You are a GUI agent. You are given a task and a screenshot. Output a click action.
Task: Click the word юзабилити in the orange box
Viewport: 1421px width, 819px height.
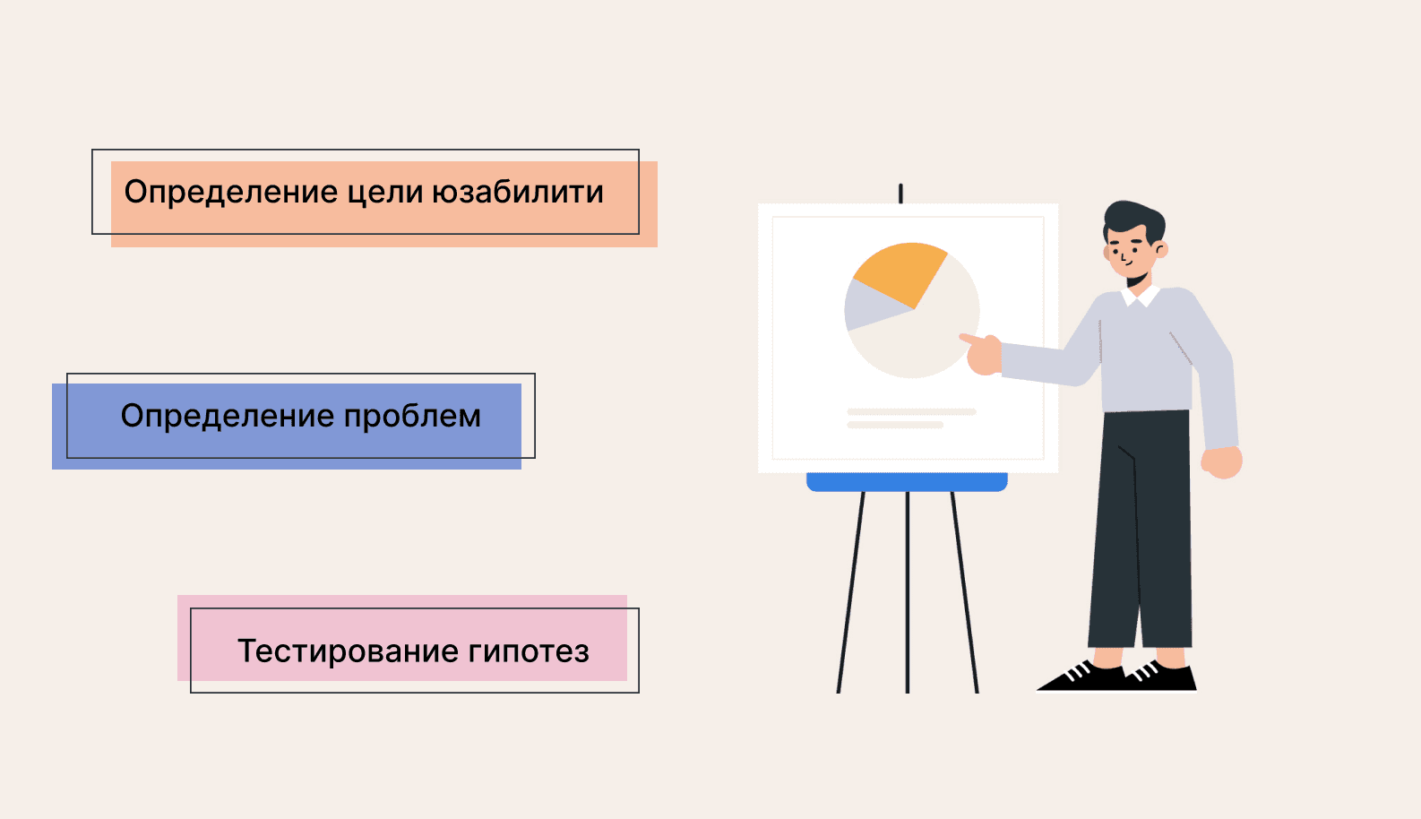click(518, 192)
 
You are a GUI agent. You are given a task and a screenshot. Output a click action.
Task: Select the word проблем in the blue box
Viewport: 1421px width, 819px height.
click(412, 416)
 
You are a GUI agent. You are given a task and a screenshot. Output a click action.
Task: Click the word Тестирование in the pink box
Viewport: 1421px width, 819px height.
click(348, 651)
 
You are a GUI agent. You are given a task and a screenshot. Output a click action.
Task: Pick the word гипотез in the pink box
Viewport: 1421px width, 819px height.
click(529, 651)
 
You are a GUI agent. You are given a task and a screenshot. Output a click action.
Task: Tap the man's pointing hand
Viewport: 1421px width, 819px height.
click(982, 354)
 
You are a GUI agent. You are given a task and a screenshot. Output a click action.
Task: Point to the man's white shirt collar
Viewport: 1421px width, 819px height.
click(1141, 296)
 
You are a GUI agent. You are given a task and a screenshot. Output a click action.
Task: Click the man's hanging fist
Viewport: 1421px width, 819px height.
click(1222, 462)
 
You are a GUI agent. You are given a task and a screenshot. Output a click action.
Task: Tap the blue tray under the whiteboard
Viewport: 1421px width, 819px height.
click(907, 482)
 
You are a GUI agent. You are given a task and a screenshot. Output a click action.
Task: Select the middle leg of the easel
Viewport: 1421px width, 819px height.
click(908, 592)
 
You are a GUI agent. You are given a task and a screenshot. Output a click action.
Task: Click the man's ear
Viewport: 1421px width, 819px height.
click(1161, 249)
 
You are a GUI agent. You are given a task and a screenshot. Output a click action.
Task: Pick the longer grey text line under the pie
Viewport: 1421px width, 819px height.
click(911, 412)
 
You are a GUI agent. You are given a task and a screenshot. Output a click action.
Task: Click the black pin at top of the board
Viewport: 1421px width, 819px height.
click(900, 194)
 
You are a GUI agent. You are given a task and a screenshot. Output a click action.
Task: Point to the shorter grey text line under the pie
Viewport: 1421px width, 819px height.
click(895, 425)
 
